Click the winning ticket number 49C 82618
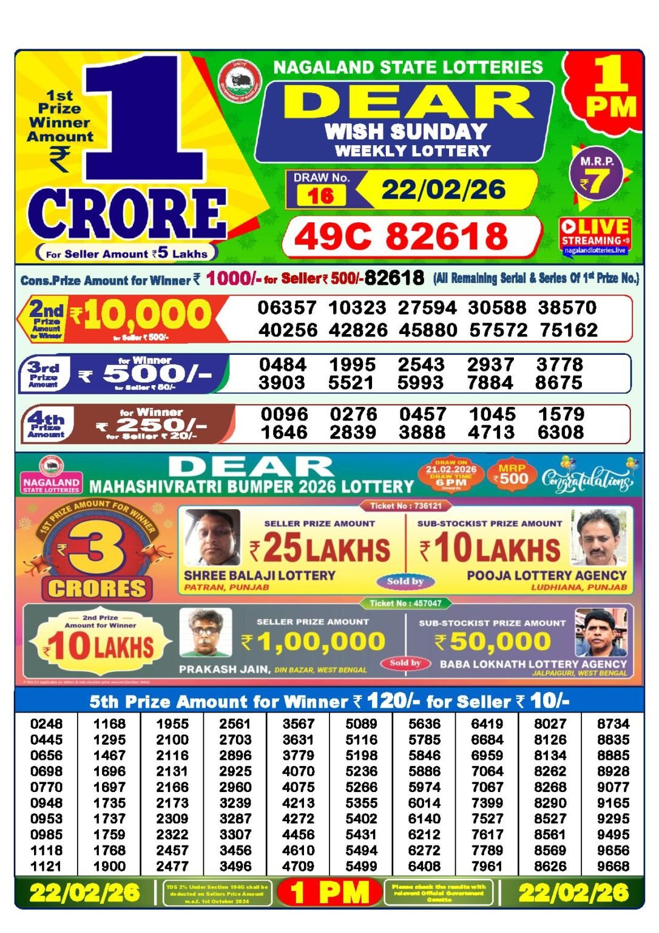402,236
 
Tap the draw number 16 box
321,195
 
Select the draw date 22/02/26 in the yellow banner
444,190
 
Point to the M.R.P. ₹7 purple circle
596,176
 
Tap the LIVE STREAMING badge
595,236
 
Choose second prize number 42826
358,330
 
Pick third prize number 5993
421,383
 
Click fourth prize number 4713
492,432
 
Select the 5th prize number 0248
46,723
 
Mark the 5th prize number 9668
613,866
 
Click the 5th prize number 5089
361,723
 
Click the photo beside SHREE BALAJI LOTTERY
212,538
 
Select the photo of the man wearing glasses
206,632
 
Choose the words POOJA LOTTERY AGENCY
546,575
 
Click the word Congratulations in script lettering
586,479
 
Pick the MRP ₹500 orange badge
512,474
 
